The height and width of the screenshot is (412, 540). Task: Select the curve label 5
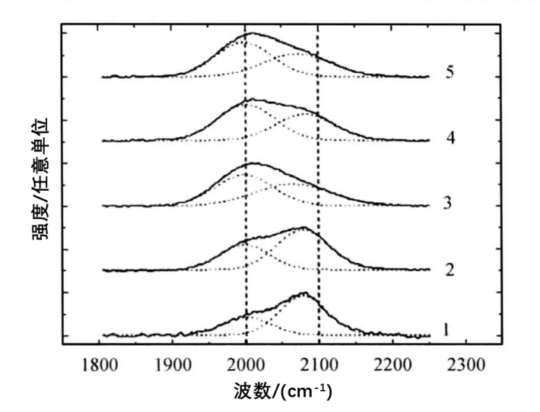451,74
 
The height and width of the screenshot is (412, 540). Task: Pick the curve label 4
451,139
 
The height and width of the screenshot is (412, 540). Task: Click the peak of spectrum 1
305,293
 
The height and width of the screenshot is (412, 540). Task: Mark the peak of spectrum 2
304,227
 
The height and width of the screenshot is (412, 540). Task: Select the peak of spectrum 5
251,33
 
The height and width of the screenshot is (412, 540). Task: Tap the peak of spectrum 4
251,100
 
